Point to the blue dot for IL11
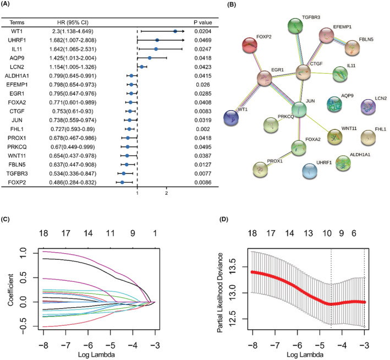point(156,50)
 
